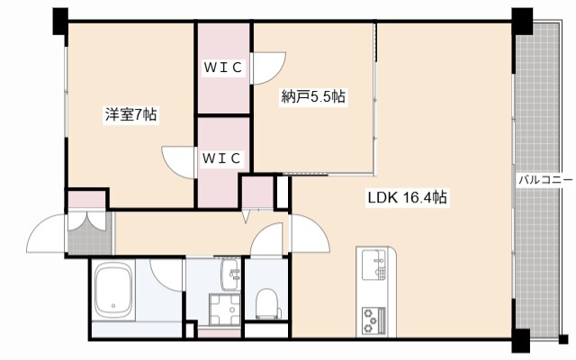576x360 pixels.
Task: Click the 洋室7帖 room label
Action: pos(131,114)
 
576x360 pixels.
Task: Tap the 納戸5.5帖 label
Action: pos(313,96)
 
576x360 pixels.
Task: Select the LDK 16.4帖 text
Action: pos(408,198)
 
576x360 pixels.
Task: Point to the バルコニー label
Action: pos(546,180)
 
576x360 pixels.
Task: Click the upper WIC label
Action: pos(223,67)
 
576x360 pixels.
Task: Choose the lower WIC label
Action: pos(221,158)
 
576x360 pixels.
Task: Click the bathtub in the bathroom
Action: pos(113,290)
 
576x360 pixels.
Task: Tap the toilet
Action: pos(267,302)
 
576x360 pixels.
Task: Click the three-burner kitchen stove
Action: pos(374,319)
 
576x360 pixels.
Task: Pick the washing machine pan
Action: pos(225,310)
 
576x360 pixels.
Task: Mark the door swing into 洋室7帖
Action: pos(178,162)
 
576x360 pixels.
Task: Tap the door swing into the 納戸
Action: pos(269,68)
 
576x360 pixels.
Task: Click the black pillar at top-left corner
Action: pos(60,22)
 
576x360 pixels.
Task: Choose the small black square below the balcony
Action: pos(563,339)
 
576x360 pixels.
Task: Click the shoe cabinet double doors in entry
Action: pos(88,222)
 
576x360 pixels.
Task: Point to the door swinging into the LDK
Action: pos(310,234)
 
